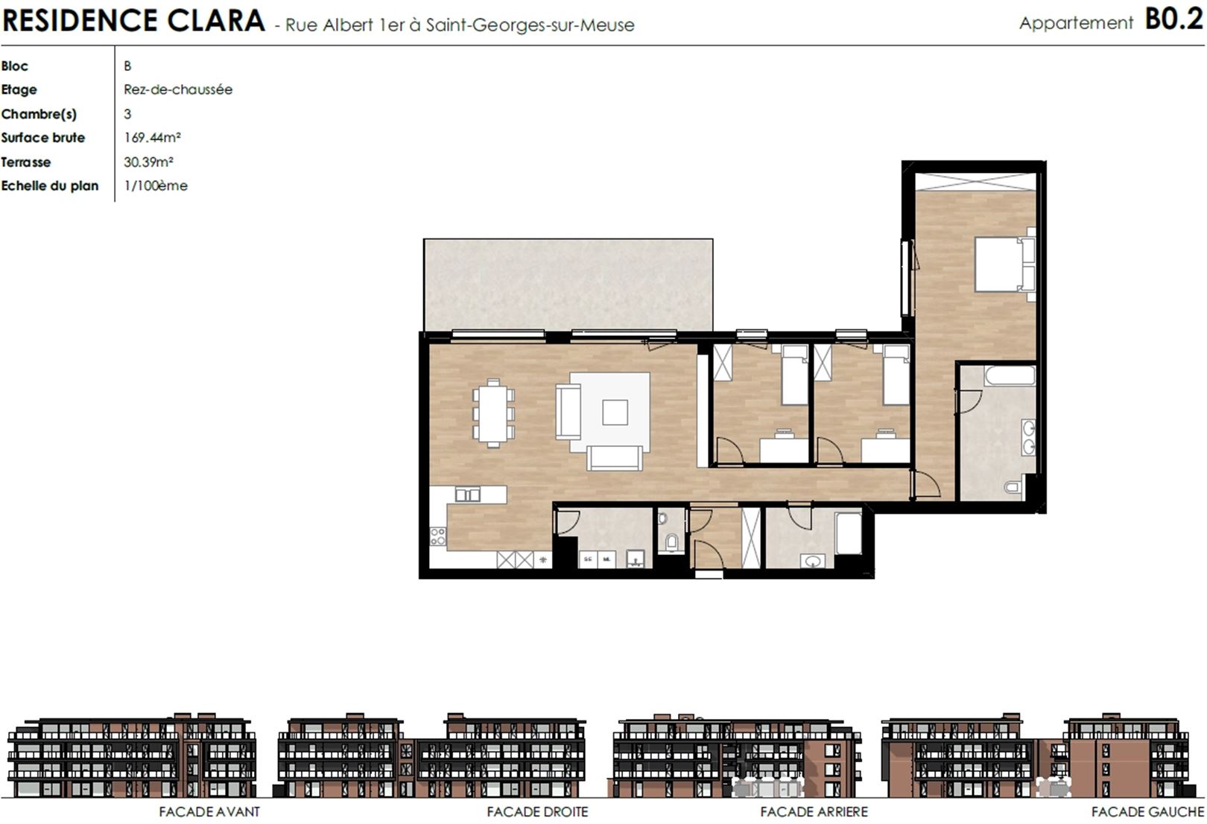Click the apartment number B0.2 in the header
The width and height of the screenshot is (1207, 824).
[1173, 19]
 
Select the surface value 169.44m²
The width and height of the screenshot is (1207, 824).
[152, 137]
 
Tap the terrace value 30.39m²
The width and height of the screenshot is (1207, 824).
[148, 162]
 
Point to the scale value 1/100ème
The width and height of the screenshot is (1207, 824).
[156, 186]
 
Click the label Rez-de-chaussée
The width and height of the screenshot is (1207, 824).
[178, 89]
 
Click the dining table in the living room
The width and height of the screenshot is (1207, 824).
[493, 413]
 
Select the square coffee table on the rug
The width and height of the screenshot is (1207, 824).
[615, 413]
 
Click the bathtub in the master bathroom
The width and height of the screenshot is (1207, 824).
[1010, 375]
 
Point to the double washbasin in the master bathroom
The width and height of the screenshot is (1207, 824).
[1028, 437]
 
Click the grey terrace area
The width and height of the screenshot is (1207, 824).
[568, 285]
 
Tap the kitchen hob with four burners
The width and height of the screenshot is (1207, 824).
[437, 536]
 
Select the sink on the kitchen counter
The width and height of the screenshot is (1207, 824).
[467, 494]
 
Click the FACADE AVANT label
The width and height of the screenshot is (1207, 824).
[209, 811]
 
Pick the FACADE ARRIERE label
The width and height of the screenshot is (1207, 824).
[814, 811]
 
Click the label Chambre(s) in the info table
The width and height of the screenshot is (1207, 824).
[39, 114]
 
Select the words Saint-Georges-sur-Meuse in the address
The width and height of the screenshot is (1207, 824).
[530, 25]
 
